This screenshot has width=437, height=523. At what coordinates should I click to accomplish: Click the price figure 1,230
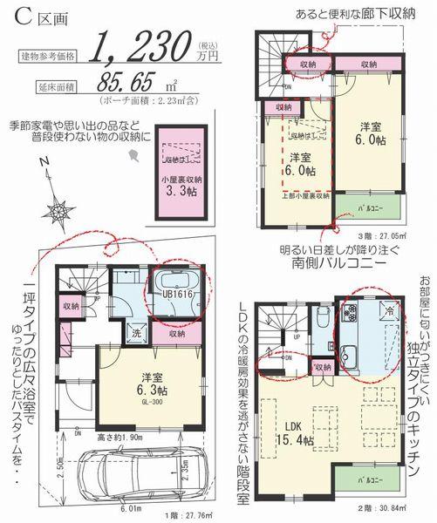pyautogui.click(x=144, y=43)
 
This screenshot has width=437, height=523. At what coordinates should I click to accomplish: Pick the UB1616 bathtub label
pyautogui.click(x=175, y=295)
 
